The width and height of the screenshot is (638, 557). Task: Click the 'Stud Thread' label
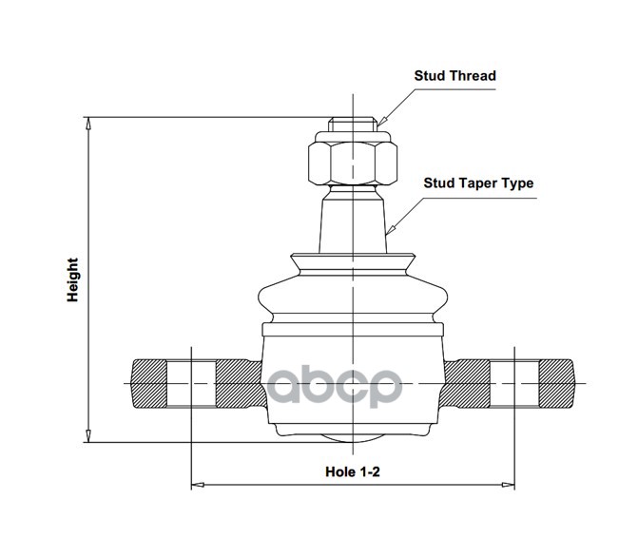pyautogui.click(x=454, y=76)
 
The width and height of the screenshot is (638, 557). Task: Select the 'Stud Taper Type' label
pyautogui.click(x=478, y=182)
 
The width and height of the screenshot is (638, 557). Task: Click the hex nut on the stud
pyautogui.click(x=351, y=163)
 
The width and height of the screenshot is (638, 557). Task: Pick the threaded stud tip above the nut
pyautogui.click(x=351, y=125)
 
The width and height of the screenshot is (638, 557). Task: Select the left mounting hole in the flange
pyautogui.click(x=191, y=384)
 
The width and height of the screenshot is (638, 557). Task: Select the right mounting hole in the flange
pyautogui.click(x=514, y=384)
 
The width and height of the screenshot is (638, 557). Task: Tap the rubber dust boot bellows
pyautogui.click(x=351, y=290)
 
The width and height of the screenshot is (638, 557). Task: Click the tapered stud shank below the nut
pyautogui.click(x=351, y=219)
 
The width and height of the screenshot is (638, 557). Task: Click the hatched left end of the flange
pyautogui.click(x=147, y=384)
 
